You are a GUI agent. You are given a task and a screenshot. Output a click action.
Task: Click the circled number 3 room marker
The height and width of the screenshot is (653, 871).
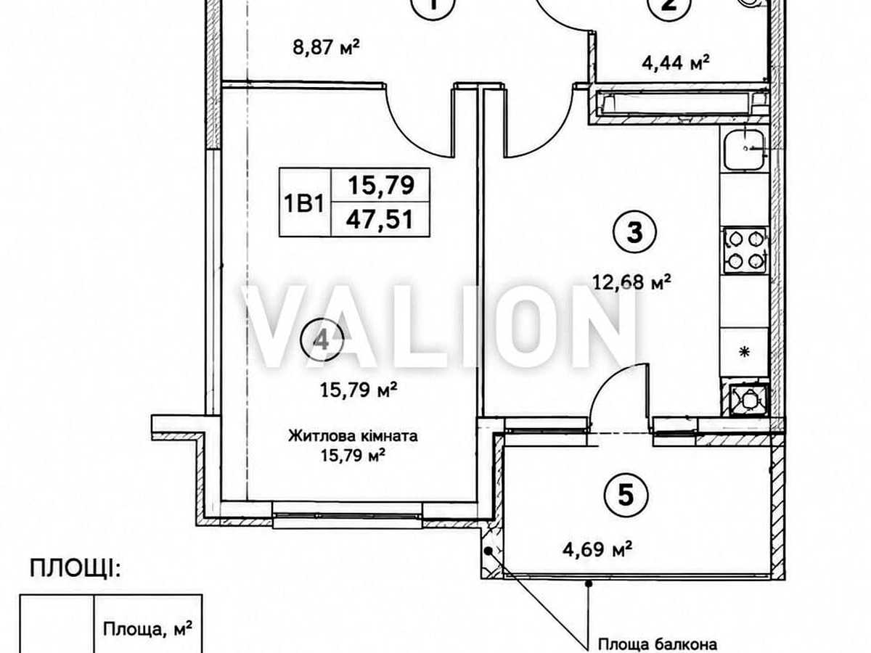(x=634, y=232)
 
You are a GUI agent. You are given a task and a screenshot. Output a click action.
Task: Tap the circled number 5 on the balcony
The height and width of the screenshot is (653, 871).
(x=626, y=495)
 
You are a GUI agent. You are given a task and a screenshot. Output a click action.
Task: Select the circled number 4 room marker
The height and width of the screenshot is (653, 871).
(x=322, y=340)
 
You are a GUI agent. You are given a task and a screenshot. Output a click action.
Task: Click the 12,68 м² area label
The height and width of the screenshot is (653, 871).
(x=631, y=282)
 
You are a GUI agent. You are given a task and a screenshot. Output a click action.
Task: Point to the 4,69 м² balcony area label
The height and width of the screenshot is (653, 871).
(x=597, y=549)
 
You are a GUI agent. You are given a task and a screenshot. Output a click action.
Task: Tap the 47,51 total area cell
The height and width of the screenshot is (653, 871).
(x=380, y=219)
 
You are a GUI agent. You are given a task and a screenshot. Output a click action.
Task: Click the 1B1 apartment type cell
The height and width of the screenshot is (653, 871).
(x=304, y=203)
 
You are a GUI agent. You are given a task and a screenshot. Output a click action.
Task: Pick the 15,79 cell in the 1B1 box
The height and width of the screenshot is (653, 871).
(x=381, y=185)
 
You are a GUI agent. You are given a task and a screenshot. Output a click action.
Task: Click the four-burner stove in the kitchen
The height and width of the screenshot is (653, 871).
(x=745, y=250)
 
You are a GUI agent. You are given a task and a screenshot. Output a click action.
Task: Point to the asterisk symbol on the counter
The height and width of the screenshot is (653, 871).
(x=745, y=352)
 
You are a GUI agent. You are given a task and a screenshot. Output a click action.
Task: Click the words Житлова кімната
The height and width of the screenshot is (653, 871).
(x=353, y=436)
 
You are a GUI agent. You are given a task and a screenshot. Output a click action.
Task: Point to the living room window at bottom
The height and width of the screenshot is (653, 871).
(x=347, y=515)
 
